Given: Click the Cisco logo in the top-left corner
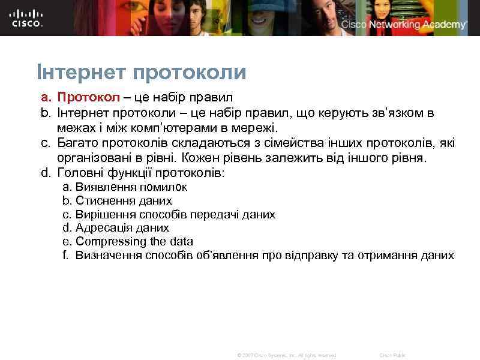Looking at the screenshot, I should pyautogui.click(x=27, y=18).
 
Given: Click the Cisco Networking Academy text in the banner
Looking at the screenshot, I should pyautogui.click(x=404, y=25).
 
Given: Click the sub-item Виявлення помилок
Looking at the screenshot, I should pyautogui.click(x=131, y=187).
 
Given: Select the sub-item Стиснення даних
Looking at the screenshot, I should pyautogui.click(x=124, y=201).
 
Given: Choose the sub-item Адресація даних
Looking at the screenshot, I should pyautogui.click(x=122, y=228).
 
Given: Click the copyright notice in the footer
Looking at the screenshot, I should pyautogui.click(x=287, y=355).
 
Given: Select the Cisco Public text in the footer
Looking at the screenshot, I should pyautogui.click(x=392, y=355).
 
